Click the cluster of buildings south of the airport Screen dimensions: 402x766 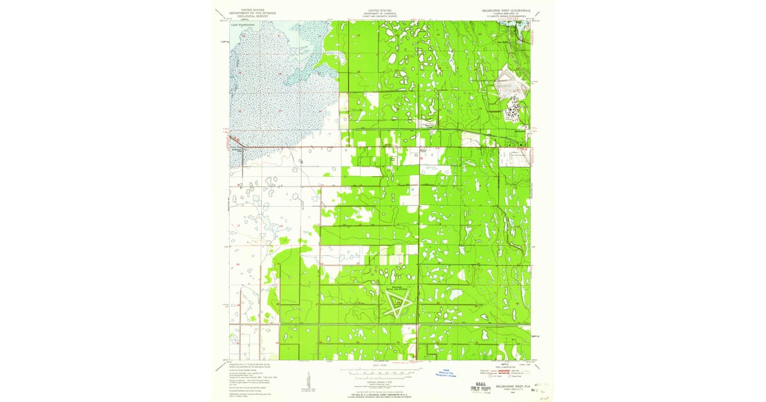pos(513,115)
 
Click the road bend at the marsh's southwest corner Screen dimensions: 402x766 pos(241,148)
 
